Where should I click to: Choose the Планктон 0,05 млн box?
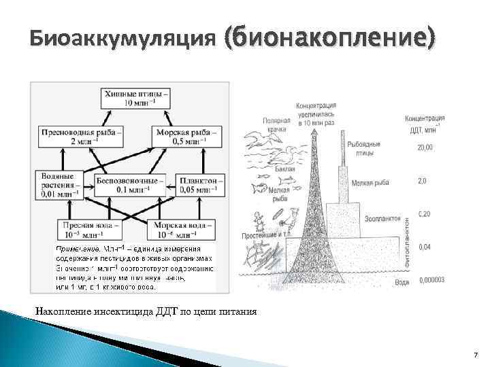coord(201,185)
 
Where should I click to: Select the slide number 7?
coord(475,355)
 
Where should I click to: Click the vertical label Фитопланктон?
coord(407,241)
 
